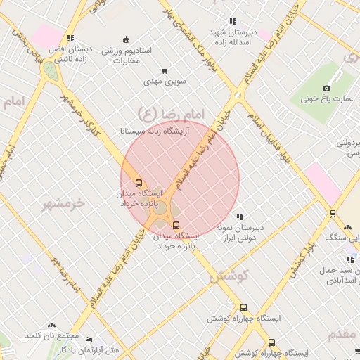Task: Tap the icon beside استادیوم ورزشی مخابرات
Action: tap(126, 39)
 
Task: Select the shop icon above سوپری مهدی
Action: tap(165, 70)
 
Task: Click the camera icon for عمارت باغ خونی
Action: tap(326, 88)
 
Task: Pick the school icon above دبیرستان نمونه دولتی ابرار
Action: tap(239, 217)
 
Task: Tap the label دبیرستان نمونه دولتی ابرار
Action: tap(240, 233)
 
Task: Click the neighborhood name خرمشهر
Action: tap(63, 203)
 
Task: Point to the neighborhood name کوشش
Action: tap(227, 276)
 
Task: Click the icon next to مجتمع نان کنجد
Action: tap(51, 325)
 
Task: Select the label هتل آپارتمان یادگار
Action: tap(90, 349)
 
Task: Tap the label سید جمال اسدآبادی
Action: tap(342, 276)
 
